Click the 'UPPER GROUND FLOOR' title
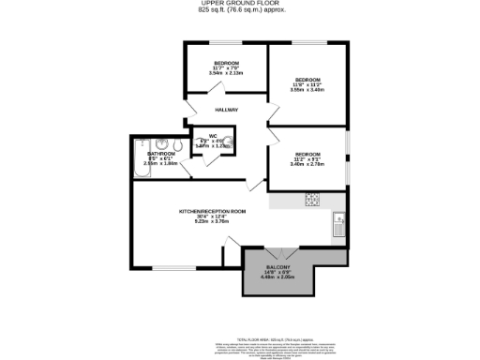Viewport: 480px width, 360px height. point(239,5)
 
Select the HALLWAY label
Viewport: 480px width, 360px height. point(225,110)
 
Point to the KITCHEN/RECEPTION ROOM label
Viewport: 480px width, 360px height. point(213,212)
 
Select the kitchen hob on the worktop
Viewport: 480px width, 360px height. point(312,200)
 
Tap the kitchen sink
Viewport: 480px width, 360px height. point(338,226)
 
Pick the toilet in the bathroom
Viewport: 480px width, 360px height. point(160,144)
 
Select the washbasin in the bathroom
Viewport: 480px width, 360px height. point(175,145)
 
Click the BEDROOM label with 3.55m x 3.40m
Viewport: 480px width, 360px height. point(308,80)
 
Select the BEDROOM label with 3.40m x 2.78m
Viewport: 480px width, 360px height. point(308,154)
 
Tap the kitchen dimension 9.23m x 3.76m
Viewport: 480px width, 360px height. point(212,222)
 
